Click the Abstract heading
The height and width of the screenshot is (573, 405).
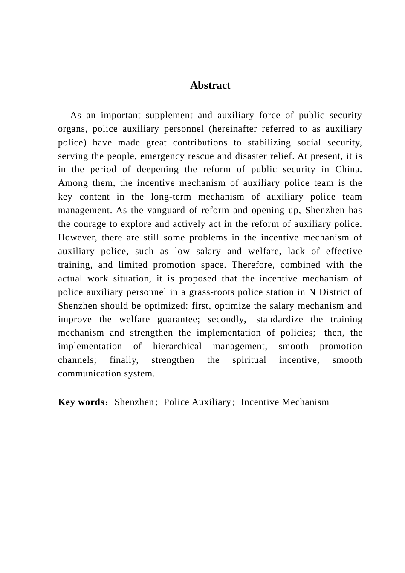click(210, 85)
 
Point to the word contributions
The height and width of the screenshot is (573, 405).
click(200, 142)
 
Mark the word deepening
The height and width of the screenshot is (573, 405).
click(156, 170)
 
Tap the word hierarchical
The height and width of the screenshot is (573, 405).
click(177, 346)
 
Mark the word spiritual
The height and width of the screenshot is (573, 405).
click(249, 360)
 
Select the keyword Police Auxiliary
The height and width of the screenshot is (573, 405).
click(197, 402)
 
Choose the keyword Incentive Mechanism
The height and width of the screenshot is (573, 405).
click(285, 402)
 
